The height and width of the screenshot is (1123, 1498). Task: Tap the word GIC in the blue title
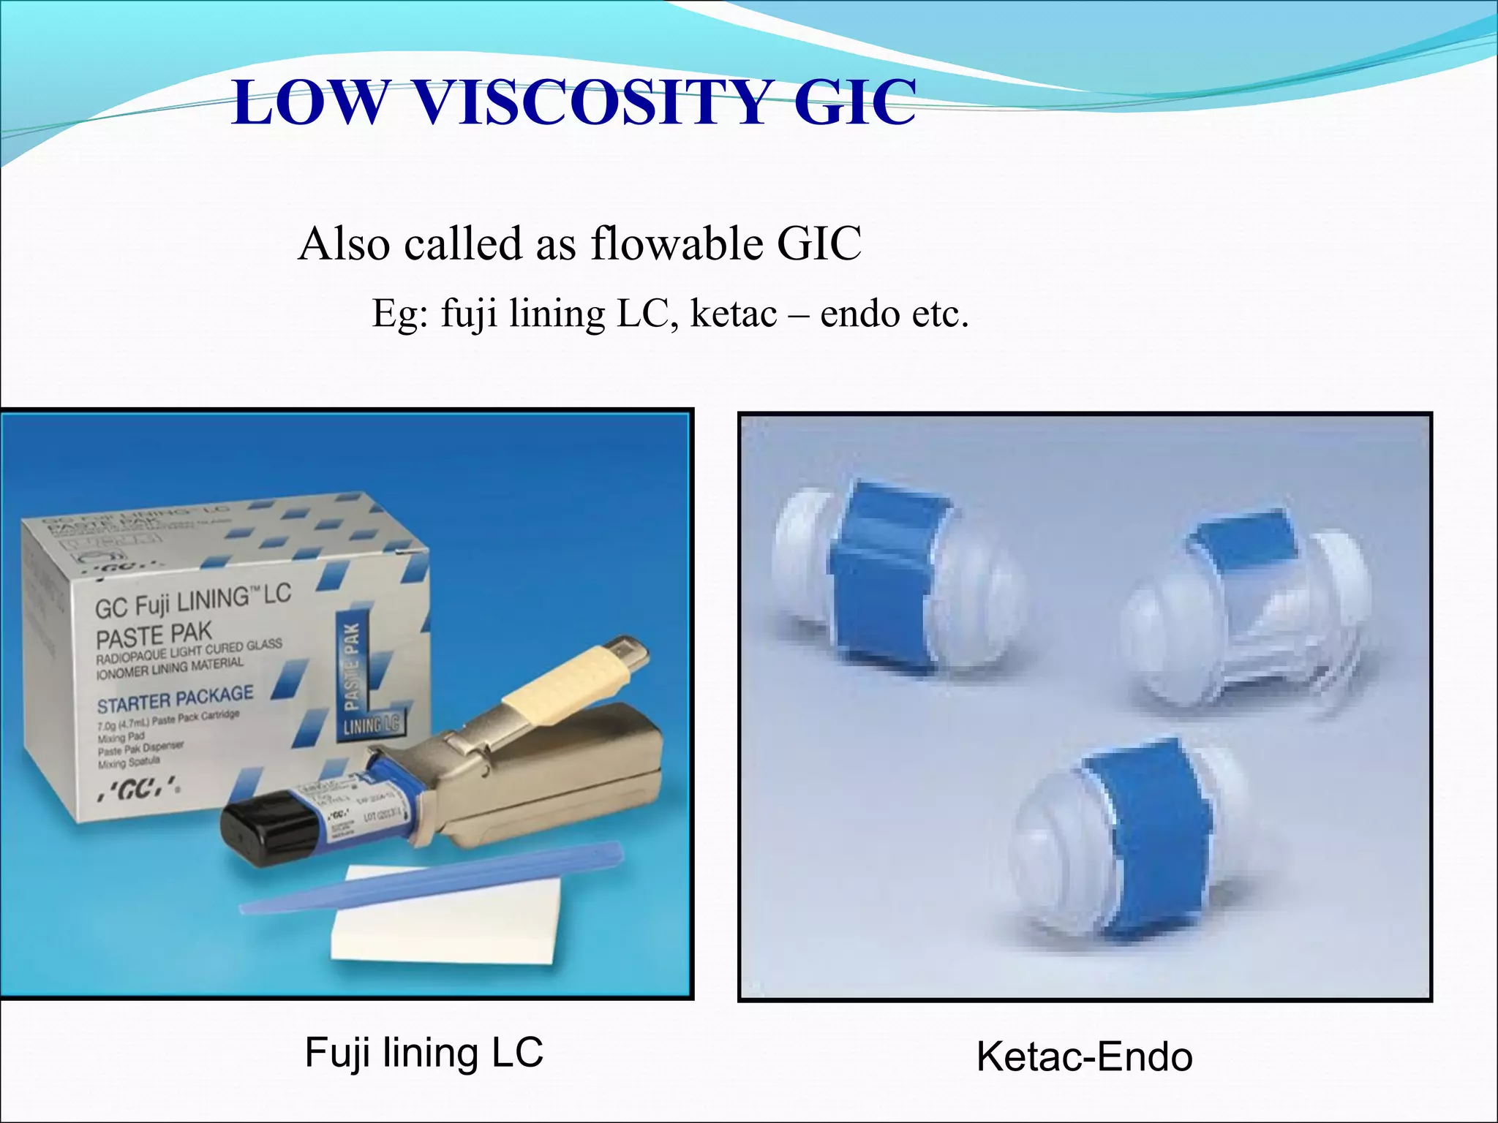point(854,102)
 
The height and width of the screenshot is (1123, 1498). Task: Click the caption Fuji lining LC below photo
point(424,1053)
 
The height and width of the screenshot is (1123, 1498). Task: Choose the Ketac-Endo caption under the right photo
point(1084,1057)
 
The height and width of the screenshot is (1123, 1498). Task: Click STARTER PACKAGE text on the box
point(176,699)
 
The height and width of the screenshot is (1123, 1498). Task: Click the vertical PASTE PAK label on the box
point(352,665)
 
